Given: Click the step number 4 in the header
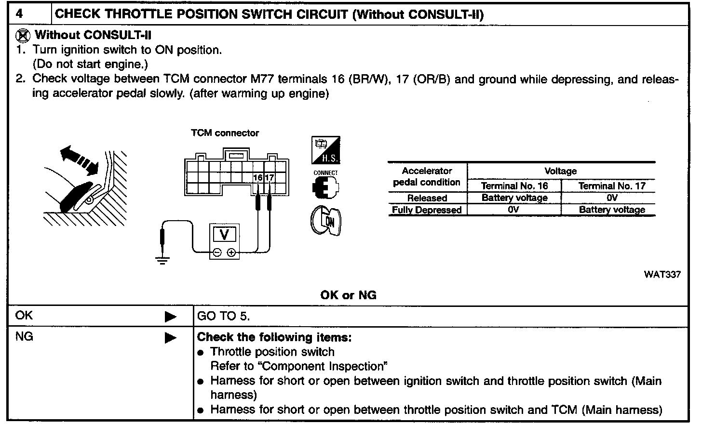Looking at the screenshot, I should (19, 13).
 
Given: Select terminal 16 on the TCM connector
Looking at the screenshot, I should (258, 178).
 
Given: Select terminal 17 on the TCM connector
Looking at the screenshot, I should (270, 178).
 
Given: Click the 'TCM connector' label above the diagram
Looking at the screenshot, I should (225, 133).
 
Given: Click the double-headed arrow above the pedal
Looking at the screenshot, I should (79, 160).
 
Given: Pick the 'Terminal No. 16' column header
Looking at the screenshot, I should (514, 186).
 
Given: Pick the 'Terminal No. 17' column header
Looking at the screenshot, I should (611, 186).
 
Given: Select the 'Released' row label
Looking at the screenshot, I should (427, 198).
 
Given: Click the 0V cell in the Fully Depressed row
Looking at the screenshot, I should (514, 210).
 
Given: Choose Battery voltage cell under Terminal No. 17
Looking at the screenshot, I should (611, 210).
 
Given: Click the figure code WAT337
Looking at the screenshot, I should (662, 275).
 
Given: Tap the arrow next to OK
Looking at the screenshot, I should (170, 317).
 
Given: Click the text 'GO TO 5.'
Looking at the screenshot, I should (224, 317).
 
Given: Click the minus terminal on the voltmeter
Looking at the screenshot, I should (217, 252).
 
